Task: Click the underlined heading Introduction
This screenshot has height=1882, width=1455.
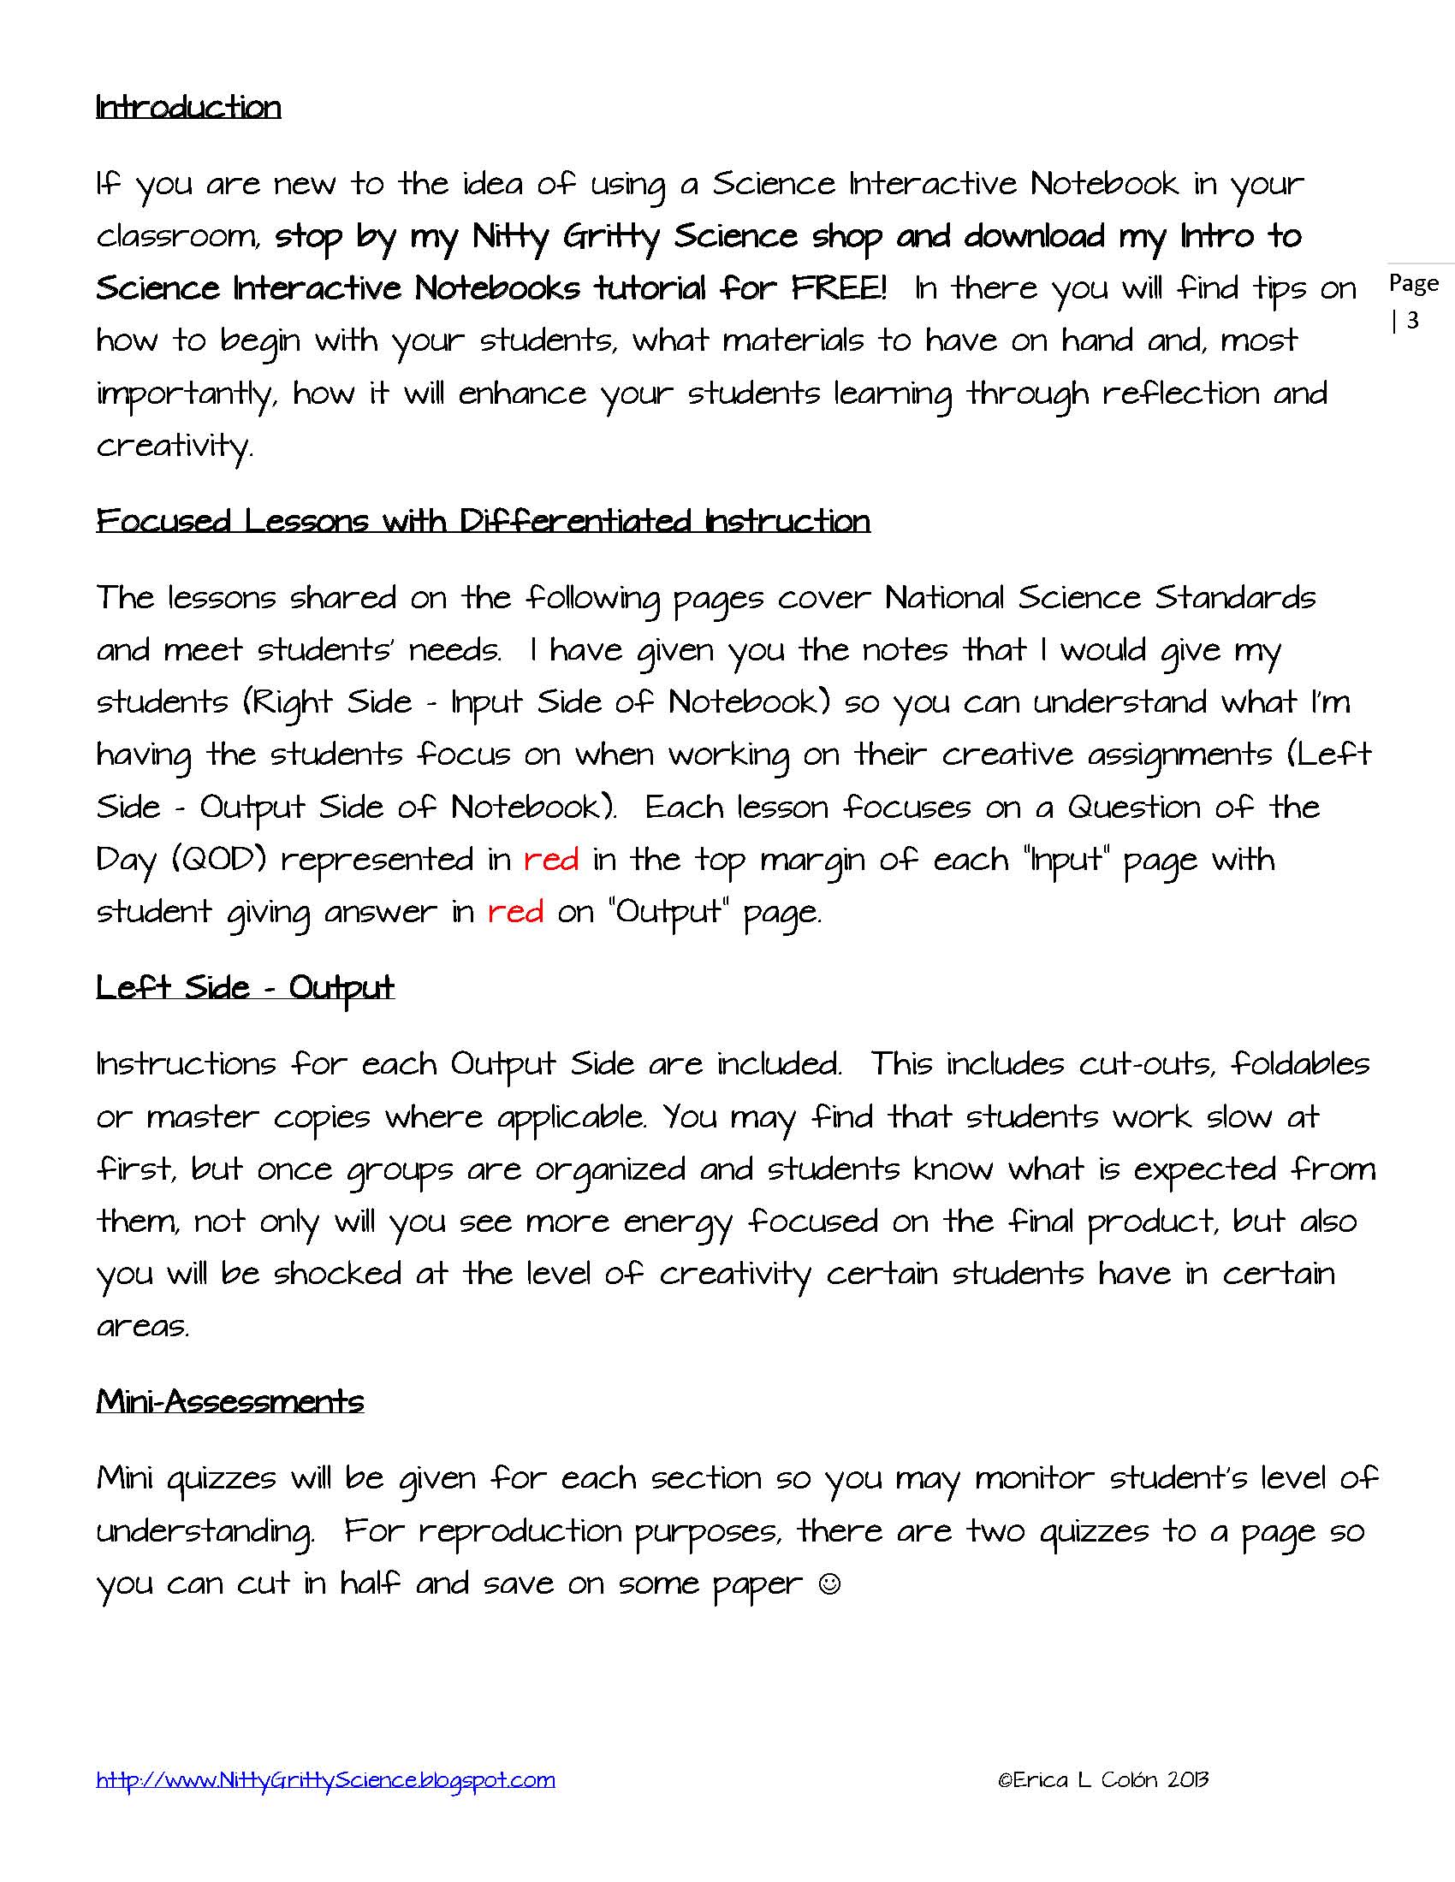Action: [x=188, y=107]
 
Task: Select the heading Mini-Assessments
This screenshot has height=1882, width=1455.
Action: [x=229, y=1401]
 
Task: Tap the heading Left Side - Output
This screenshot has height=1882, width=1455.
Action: [x=245, y=987]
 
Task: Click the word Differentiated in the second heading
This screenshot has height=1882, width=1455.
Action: [x=575, y=520]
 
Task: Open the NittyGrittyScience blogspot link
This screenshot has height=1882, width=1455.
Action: [x=325, y=1779]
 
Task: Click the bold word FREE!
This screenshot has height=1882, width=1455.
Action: [x=839, y=287]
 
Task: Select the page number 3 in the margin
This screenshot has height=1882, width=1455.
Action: [x=1413, y=321]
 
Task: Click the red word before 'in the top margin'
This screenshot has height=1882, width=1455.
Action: [x=551, y=859]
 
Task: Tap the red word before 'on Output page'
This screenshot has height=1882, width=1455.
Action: [x=515, y=912]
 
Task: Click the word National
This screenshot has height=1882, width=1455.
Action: [x=944, y=597]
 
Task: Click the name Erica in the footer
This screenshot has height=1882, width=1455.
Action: [x=1041, y=1779]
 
